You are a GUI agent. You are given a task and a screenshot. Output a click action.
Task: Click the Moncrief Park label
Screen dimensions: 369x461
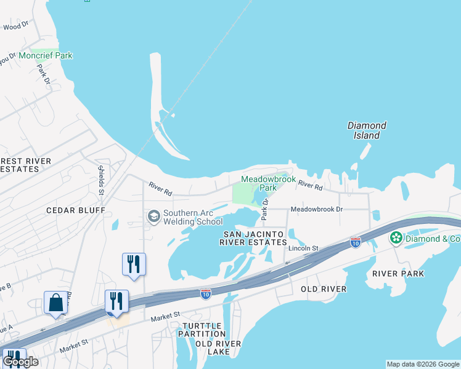[x=46, y=56]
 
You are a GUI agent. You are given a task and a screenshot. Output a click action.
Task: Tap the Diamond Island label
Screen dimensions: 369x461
[x=367, y=130]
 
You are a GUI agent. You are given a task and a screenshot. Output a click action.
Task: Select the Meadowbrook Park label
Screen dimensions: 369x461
[x=266, y=183]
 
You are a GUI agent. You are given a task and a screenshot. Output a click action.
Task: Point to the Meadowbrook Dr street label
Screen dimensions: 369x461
[x=316, y=209]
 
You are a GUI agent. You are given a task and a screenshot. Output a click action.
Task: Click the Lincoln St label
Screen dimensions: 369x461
[x=303, y=248]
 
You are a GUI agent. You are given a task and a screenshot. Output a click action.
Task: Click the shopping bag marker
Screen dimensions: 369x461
[x=56, y=303]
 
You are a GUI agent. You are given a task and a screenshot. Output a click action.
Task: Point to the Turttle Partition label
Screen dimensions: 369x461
[x=202, y=329]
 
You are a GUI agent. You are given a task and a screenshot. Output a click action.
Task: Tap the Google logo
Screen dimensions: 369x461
[x=20, y=362]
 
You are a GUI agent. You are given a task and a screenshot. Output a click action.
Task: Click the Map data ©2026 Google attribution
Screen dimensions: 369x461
[x=423, y=364]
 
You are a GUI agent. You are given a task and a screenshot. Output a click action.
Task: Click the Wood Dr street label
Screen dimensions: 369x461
[x=17, y=26]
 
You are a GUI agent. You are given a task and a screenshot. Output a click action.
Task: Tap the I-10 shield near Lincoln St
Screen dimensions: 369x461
[x=355, y=242]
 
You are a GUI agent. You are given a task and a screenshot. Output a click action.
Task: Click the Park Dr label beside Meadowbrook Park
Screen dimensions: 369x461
[x=266, y=210]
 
